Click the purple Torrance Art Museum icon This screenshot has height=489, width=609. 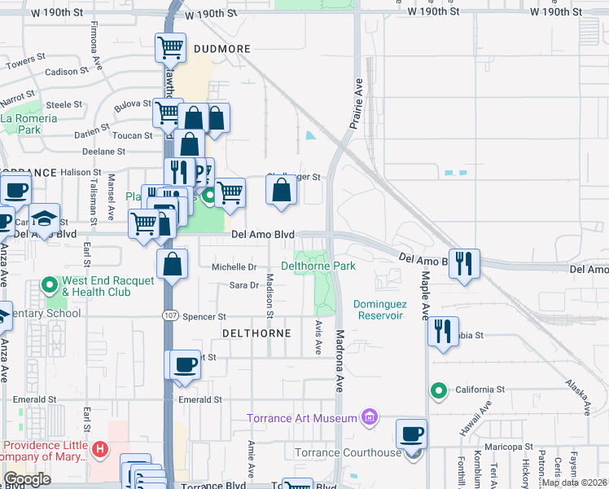[370, 418]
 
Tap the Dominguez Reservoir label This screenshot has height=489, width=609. [379, 310]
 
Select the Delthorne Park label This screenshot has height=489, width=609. [318, 266]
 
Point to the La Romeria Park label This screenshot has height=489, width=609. [29, 124]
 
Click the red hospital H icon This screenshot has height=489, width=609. [99, 449]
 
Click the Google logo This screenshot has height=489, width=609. [27, 479]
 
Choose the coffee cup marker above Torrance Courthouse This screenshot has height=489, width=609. [412, 434]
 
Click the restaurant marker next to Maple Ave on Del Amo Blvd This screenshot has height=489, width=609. [464, 262]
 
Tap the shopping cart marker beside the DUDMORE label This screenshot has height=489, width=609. [171, 48]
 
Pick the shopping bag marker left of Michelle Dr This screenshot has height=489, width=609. [173, 263]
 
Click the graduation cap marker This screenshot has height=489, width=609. [45, 218]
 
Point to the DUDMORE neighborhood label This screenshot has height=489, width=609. [222, 49]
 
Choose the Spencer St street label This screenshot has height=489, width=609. [204, 316]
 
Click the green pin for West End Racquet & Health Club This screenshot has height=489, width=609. [50, 285]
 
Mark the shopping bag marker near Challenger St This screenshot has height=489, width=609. [282, 190]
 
